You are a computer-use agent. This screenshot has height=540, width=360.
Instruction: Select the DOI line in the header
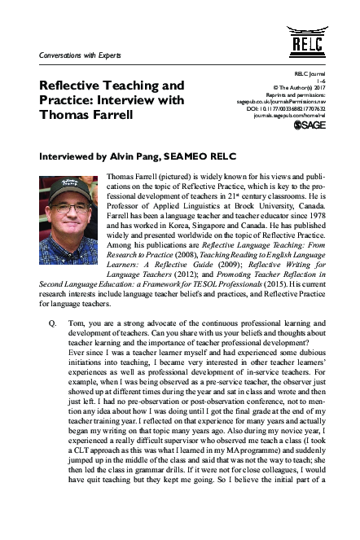coord(289,109)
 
